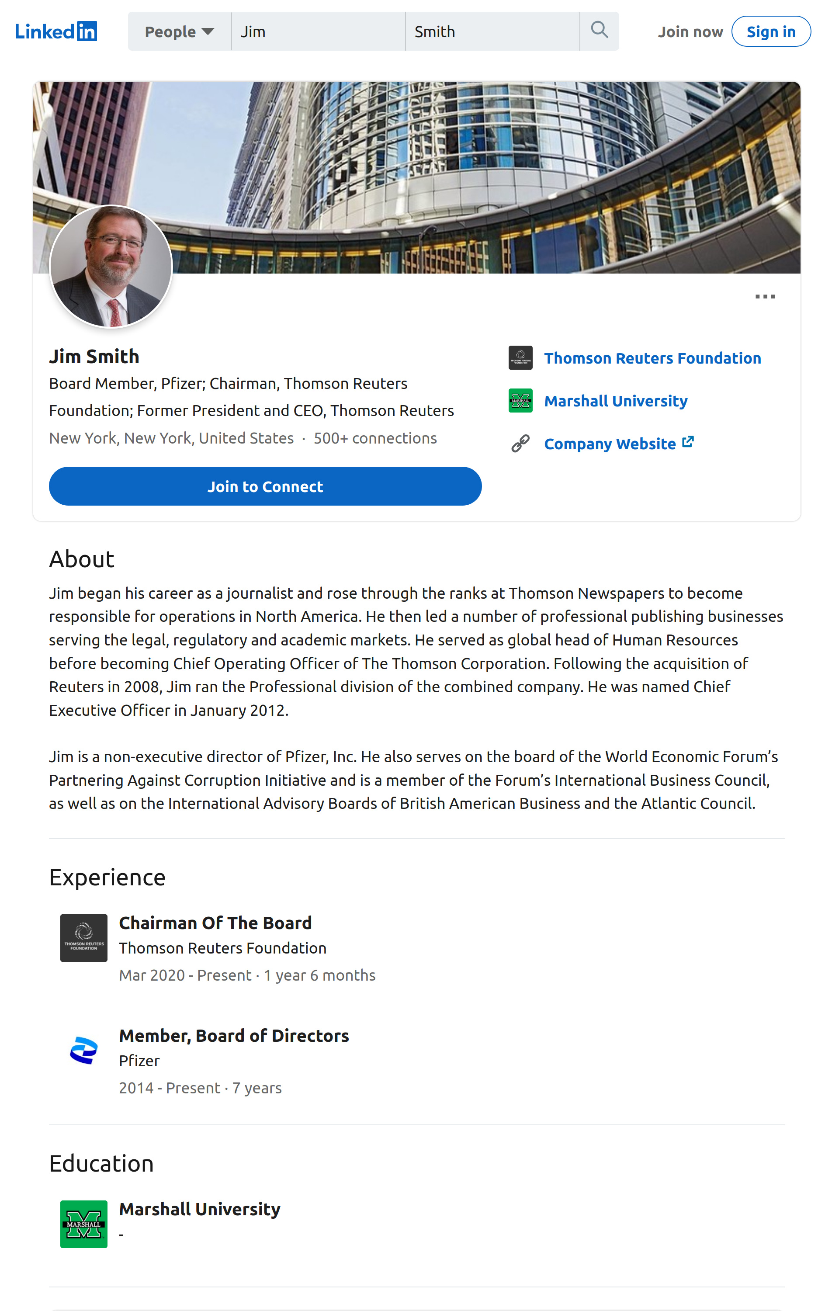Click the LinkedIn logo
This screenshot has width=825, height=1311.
pyautogui.click(x=55, y=31)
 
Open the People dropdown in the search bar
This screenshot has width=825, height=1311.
pyautogui.click(x=179, y=31)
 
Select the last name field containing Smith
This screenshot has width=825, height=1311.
pyautogui.click(x=491, y=31)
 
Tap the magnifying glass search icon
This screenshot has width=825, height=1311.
pyautogui.click(x=599, y=30)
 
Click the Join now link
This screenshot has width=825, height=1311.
pyautogui.click(x=690, y=32)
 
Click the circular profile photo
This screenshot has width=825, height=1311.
pyautogui.click(x=111, y=266)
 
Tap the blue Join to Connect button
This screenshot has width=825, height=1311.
pyautogui.click(x=265, y=486)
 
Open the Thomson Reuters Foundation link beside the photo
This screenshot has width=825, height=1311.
pyautogui.click(x=652, y=358)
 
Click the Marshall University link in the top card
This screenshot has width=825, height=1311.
pyautogui.click(x=615, y=401)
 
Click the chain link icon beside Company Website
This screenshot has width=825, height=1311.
pyautogui.click(x=520, y=444)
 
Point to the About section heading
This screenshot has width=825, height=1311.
pyautogui.click(x=82, y=559)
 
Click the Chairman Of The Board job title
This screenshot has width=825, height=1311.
pyautogui.click(x=215, y=923)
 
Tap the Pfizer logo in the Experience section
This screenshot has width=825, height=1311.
pyautogui.click(x=83, y=1050)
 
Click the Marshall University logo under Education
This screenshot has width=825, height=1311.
pyautogui.click(x=83, y=1224)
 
